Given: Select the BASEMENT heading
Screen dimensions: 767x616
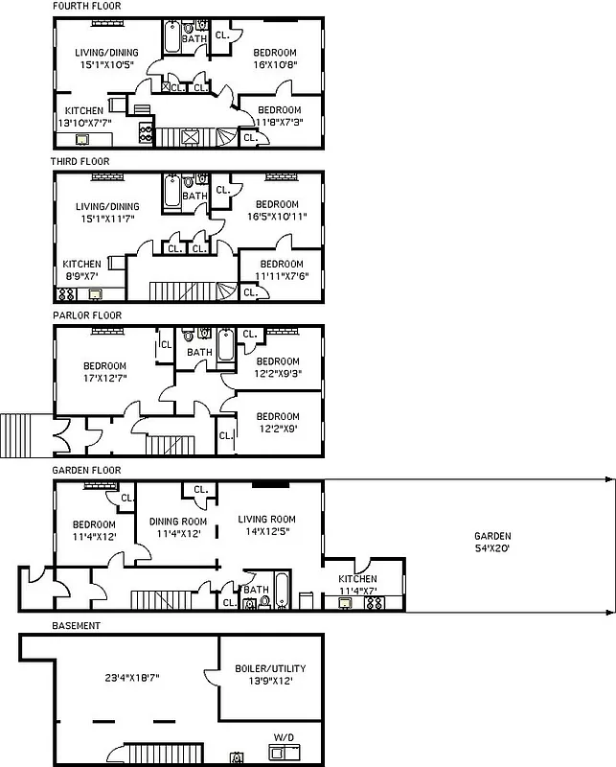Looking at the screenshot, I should [x=76, y=625].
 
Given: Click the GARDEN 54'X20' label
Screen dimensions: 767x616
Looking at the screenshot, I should [x=491, y=543].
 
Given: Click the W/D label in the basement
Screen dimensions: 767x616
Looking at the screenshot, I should [x=284, y=736].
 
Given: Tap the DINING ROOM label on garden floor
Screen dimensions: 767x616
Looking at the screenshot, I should [x=178, y=527].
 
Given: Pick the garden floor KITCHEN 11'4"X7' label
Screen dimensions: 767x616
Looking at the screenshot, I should [x=357, y=585].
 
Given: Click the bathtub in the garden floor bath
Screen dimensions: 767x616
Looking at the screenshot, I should [x=281, y=591].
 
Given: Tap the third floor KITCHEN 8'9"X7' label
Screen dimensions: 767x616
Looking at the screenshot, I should [x=81, y=269].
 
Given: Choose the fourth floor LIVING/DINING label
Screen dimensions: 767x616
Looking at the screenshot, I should [x=106, y=58].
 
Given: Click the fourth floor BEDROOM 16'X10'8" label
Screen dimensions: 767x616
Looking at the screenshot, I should [x=275, y=58].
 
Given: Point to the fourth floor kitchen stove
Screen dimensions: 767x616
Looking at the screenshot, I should [x=147, y=131].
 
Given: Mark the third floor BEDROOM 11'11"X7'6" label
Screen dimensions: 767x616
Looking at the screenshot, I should [x=282, y=269].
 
